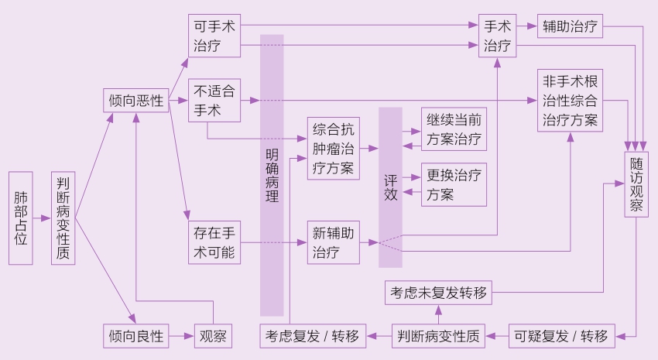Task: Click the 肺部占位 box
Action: tap(21, 218)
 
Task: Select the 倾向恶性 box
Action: tap(136, 101)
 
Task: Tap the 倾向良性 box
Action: tap(136, 336)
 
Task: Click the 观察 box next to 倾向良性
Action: tap(213, 336)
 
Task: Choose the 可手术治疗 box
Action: tap(213, 36)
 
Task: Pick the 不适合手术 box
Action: tap(213, 101)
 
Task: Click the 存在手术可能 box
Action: tap(213, 242)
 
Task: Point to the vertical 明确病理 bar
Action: tap(272, 175)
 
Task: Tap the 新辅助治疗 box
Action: tap(334, 242)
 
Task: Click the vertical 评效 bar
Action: tap(391, 177)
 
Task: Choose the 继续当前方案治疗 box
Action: tap(454, 129)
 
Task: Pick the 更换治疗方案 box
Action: tap(454, 184)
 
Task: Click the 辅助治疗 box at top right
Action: tap(570, 26)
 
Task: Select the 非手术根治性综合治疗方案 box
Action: tap(570, 101)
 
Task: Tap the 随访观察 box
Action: tap(636, 184)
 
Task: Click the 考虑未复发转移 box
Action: tap(438, 293)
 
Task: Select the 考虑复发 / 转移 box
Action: tap(312, 336)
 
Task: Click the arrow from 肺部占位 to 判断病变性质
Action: tap(42, 218)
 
